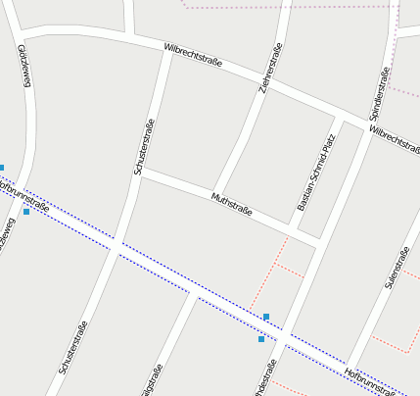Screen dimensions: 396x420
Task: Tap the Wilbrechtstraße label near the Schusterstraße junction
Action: pos(193,55)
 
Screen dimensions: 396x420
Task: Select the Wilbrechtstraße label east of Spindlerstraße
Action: pos(396,140)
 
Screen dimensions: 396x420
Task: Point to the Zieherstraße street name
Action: pos(271,69)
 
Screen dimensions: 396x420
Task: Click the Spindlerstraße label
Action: pos(381,89)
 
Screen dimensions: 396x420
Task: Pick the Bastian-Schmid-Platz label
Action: pos(316,173)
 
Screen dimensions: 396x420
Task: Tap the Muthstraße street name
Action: pos(232,205)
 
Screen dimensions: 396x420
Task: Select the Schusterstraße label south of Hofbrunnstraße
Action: pos(73,347)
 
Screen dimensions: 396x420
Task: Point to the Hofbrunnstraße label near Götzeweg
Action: pos(23,194)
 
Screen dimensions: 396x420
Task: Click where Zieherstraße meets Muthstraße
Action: pos(215,192)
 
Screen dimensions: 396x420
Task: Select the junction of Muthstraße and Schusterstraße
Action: pos(141,173)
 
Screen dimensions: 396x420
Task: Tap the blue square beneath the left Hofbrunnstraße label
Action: pos(26,212)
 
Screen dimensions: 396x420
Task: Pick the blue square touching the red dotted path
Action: pos(266,317)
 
